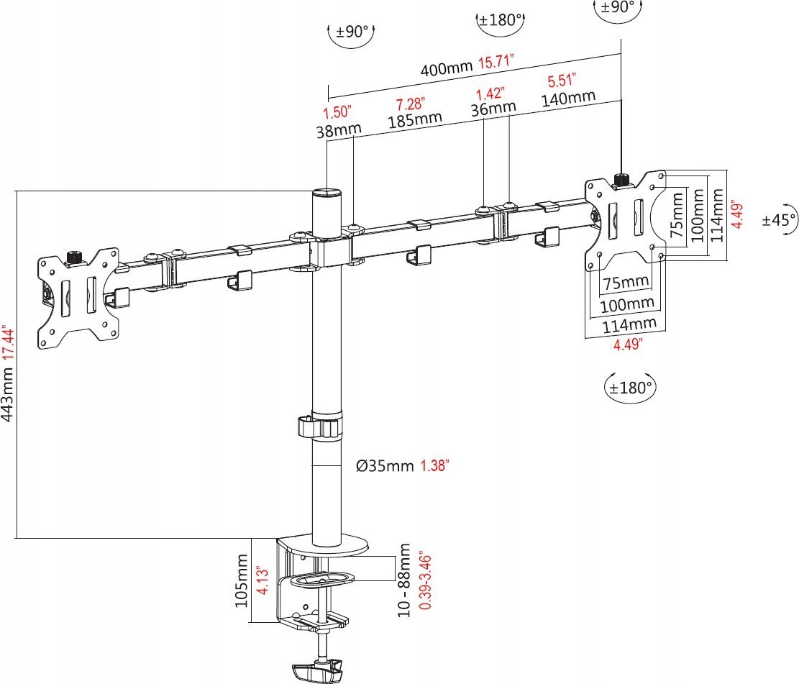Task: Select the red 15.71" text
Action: [495, 62]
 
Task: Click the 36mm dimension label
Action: [493, 107]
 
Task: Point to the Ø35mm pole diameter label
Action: [385, 465]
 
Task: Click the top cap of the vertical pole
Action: [327, 193]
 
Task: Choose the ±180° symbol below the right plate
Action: [629, 387]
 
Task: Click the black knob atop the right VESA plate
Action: [621, 179]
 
